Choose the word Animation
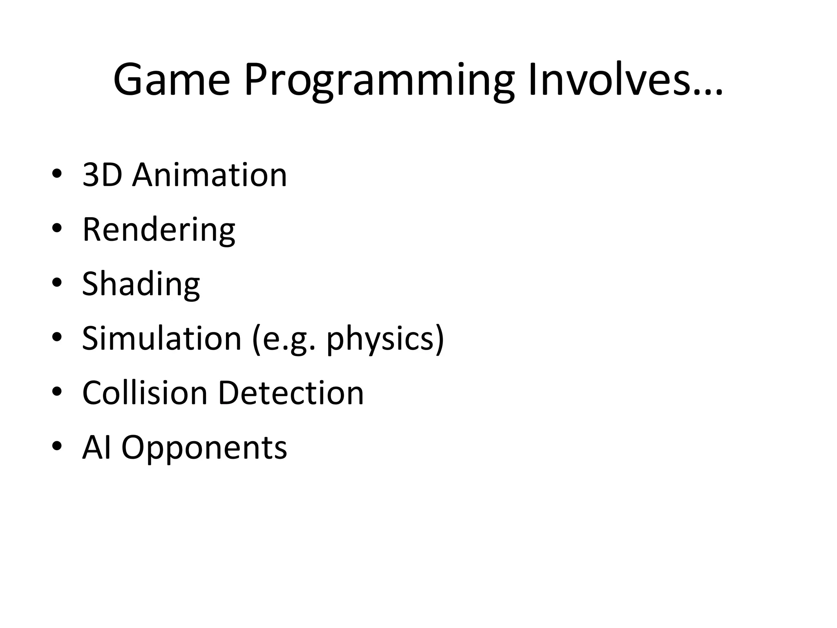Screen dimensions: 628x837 (210, 175)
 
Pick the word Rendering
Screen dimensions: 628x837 (159, 230)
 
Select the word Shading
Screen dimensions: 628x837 (141, 285)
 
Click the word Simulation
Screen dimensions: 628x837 (162, 338)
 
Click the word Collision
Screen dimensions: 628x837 (145, 393)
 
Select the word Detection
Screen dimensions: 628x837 (291, 393)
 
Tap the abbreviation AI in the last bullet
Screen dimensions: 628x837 (97, 447)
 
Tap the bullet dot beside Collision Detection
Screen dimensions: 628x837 (57, 392)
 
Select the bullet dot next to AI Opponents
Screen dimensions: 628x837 (57, 446)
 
